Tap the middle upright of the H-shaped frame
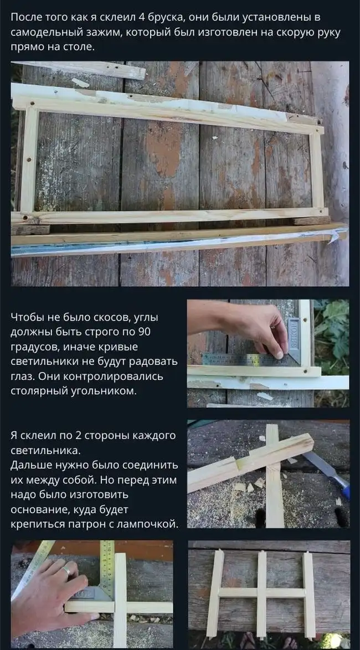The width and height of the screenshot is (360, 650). [261, 594]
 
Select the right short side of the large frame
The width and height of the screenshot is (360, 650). [317, 171]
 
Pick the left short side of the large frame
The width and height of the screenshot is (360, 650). [29, 159]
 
